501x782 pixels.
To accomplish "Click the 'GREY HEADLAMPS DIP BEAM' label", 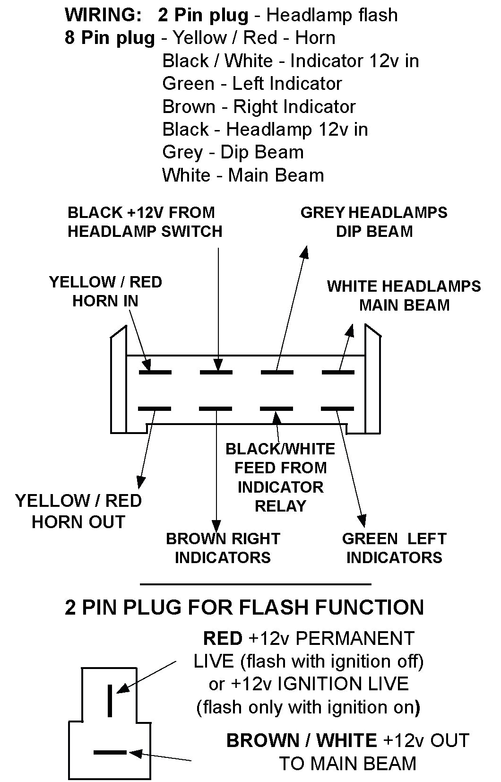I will coord(373,222).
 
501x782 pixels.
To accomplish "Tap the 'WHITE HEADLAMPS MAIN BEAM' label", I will coord(404,295).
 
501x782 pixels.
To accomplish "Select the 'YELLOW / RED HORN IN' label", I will coord(105,291).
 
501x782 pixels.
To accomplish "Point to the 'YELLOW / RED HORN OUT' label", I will coord(78,511).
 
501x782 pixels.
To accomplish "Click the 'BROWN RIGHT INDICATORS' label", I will coord(223,548).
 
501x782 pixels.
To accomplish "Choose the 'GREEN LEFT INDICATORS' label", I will coord(394,548).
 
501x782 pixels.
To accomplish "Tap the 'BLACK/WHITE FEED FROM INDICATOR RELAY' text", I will coord(280,477).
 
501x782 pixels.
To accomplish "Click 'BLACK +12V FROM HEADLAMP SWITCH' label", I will coord(145,222).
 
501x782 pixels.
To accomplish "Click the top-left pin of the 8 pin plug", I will coord(155,372).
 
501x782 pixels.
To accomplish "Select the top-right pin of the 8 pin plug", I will coord(338,372).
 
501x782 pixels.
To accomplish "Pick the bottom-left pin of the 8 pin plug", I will coord(155,408).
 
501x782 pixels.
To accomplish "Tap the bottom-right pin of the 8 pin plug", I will coord(337,408).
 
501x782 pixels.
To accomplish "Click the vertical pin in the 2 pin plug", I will coord(111,700).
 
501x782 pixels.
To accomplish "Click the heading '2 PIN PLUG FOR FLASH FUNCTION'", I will coord(244,607).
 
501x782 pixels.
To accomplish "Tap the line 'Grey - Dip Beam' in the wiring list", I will coord(233,152).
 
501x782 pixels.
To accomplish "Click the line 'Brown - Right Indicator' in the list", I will coord(259,107).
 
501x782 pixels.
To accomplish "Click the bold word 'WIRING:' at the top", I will coord(103,15).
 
